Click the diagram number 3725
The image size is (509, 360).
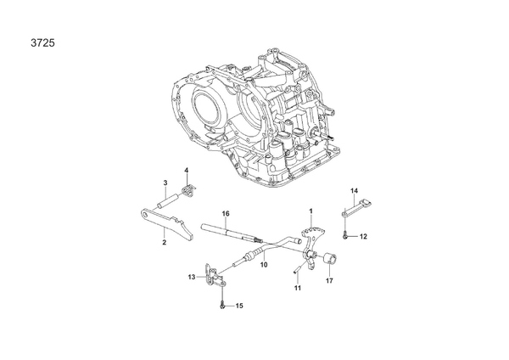pyautogui.click(x=43, y=43)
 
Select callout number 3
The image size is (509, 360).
pyautogui.click(x=165, y=183)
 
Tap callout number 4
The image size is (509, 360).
pyautogui.click(x=187, y=170)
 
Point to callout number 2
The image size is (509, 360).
pyautogui.click(x=165, y=242)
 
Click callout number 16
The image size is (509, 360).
pyautogui.click(x=226, y=213)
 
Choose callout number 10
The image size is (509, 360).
pyautogui.click(x=264, y=264)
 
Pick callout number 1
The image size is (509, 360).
pyautogui.click(x=311, y=211)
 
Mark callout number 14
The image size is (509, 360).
pyautogui.click(x=354, y=191)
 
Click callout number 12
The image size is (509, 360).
pyautogui.click(x=363, y=237)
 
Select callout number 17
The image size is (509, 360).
pyautogui.click(x=329, y=280)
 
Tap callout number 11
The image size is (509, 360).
pyautogui.click(x=298, y=288)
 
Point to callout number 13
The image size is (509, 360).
pyautogui.click(x=192, y=277)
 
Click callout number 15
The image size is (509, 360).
pyautogui.click(x=239, y=306)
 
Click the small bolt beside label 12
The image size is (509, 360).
pyautogui.click(x=345, y=236)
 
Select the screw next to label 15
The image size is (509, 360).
pyautogui.click(x=222, y=306)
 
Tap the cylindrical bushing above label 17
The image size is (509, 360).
pyautogui.click(x=331, y=255)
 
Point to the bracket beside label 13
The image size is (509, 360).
pyautogui.click(x=214, y=276)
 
